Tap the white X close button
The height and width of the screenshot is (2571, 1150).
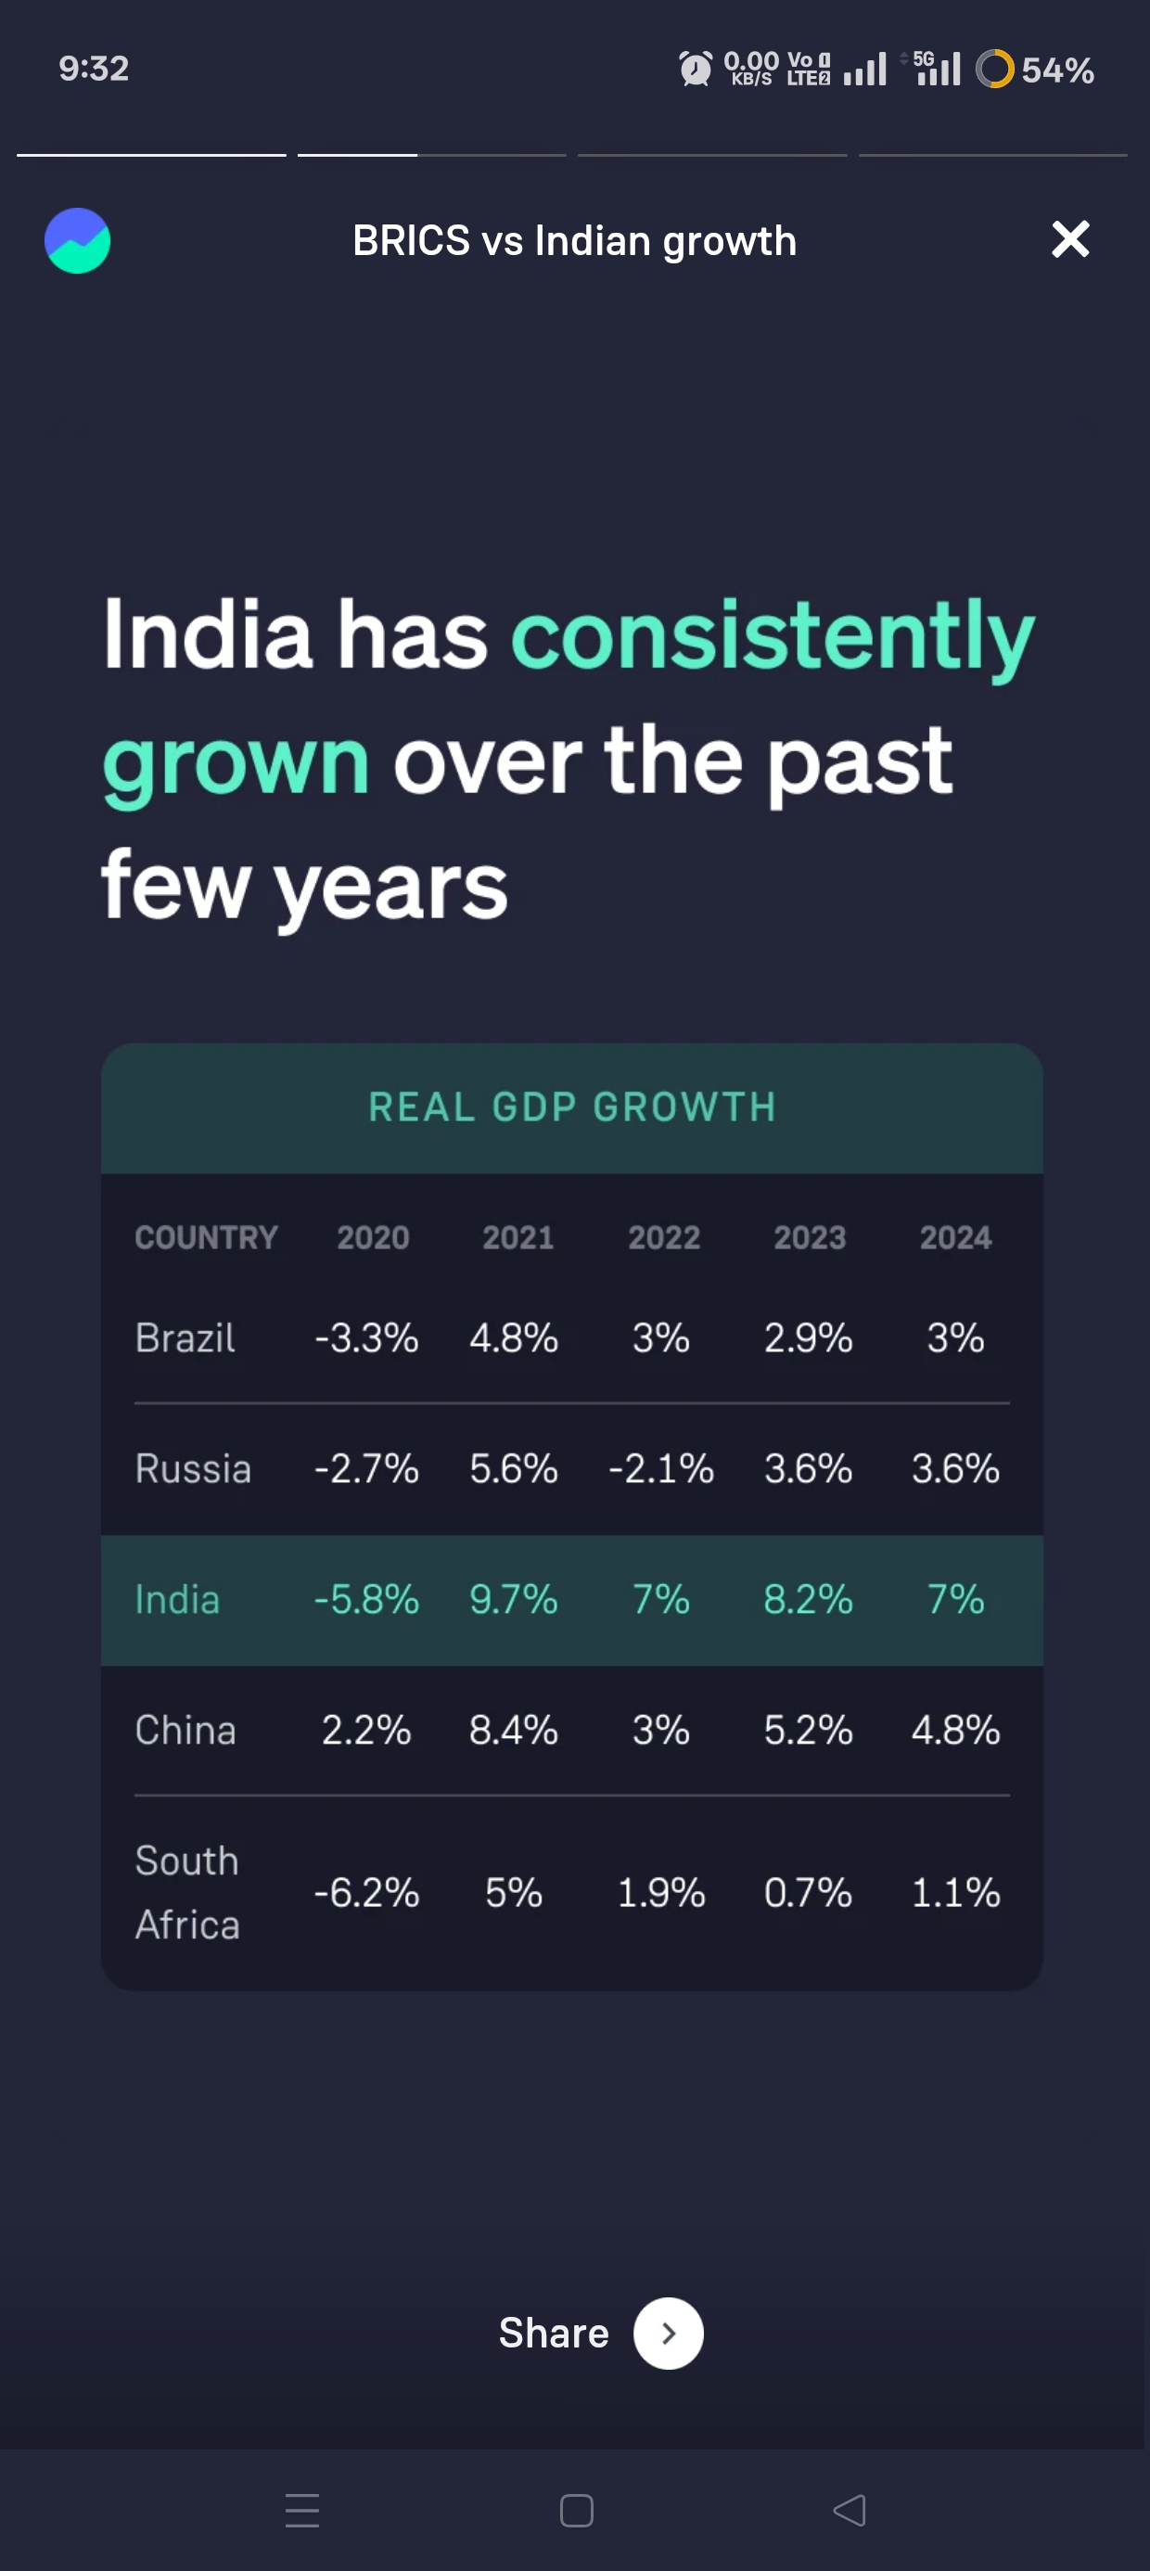point(1070,239)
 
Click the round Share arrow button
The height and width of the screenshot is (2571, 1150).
point(668,2334)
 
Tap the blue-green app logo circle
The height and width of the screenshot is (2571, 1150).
point(78,240)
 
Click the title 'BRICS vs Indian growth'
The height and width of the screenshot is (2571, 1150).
point(574,240)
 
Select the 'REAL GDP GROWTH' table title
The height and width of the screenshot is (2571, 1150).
point(572,1106)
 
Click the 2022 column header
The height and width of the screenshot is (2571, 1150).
point(664,1237)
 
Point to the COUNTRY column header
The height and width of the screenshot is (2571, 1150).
point(207,1237)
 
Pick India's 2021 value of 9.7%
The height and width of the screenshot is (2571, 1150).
point(513,1599)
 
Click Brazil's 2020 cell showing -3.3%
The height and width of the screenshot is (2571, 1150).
point(366,1337)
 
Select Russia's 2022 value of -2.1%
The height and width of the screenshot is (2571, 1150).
point(661,1468)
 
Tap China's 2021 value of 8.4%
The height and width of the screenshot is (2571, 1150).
point(513,1730)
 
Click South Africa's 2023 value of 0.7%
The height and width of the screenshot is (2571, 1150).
point(808,1892)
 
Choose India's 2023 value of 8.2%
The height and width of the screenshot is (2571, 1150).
point(808,1599)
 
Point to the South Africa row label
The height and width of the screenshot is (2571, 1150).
point(187,1892)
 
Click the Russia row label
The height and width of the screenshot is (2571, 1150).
point(193,1468)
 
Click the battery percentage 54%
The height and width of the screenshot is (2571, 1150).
point(1057,70)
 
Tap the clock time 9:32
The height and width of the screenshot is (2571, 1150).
point(94,68)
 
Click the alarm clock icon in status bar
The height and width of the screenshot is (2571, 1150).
point(696,69)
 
